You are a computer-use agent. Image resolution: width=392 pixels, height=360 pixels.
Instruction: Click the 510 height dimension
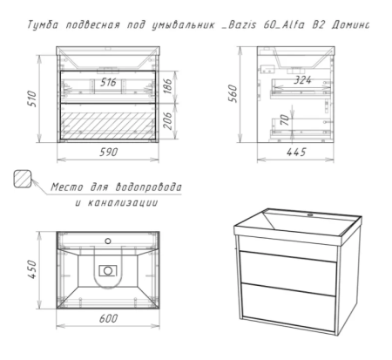pyautogui.click(x=33, y=98)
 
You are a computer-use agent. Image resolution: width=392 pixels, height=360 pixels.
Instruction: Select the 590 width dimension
pyautogui.click(x=109, y=152)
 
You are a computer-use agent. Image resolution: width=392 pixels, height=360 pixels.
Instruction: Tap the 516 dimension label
pyautogui.click(x=108, y=83)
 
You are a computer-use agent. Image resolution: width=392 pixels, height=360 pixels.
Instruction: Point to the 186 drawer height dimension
pyautogui.click(x=168, y=86)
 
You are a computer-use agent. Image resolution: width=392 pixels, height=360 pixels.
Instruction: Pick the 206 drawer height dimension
pyautogui.click(x=168, y=121)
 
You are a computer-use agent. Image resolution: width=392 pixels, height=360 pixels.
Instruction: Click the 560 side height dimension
pyautogui.click(x=233, y=93)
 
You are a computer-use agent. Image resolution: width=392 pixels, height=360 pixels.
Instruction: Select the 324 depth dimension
pyautogui.click(x=302, y=80)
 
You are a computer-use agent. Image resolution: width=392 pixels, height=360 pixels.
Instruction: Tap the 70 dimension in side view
pyautogui.click(x=285, y=119)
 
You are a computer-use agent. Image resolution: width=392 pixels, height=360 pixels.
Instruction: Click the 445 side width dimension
pyautogui.click(x=296, y=152)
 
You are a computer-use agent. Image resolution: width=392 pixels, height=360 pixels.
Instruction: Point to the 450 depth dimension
pyautogui.click(x=32, y=269)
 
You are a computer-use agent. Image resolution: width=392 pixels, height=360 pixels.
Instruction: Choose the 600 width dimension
pyautogui.click(x=109, y=318)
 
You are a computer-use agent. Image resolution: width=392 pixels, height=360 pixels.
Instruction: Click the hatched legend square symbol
pyautogui.click(x=23, y=179)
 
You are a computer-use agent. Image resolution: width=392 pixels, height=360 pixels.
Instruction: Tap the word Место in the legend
pyautogui.click(x=67, y=187)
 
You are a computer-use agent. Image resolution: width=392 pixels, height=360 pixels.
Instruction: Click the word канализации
pyautogui.click(x=123, y=202)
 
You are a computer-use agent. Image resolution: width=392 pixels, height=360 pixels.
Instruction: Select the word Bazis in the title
pyautogui.click(x=242, y=25)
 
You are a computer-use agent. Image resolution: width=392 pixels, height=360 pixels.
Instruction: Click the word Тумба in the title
pyautogui.click(x=43, y=25)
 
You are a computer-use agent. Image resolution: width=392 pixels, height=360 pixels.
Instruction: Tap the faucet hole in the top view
pyautogui.click(x=108, y=241)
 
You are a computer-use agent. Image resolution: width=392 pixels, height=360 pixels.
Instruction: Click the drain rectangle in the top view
pyautogui.click(x=108, y=271)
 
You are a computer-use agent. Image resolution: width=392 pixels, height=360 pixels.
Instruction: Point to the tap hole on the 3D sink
pyautogui.click(x=310, y=215)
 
